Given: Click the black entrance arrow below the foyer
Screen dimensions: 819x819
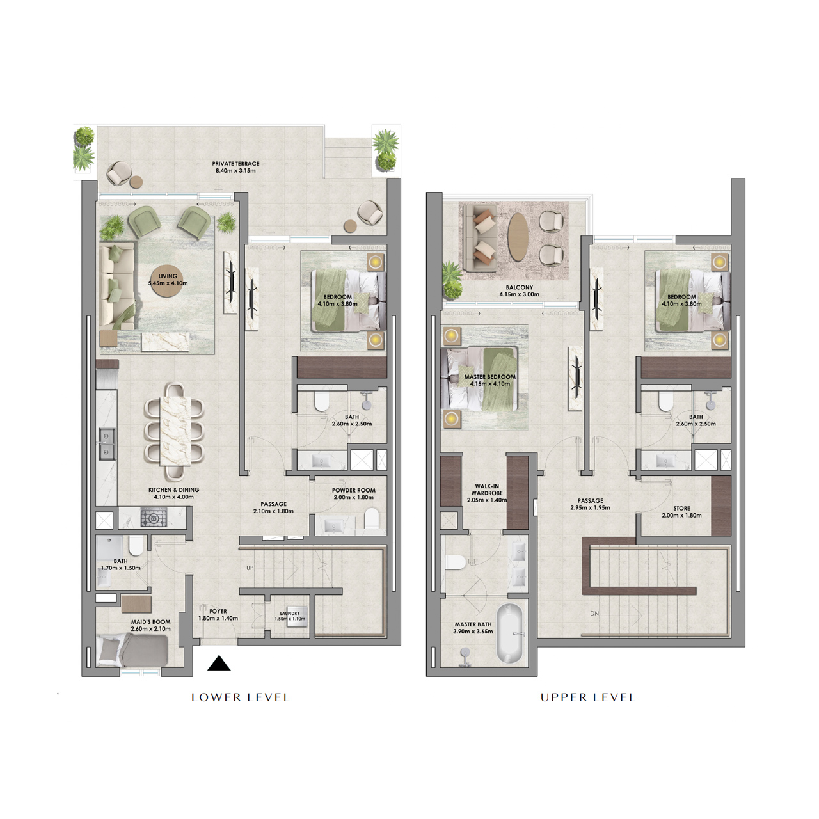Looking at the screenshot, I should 219,664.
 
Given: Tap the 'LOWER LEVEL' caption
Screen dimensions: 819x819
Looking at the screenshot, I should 241,697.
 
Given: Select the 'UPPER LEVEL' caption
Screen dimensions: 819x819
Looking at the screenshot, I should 588,697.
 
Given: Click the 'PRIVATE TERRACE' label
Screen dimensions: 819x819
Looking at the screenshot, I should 235,164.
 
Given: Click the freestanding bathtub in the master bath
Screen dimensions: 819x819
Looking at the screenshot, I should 510,633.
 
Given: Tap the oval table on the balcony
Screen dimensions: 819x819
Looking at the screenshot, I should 518,237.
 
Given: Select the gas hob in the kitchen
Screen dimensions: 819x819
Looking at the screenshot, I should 154,517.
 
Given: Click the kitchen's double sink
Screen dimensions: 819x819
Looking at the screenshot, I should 106,443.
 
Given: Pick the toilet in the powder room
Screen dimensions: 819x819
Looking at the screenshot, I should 371,519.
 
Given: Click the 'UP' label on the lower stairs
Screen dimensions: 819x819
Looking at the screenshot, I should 250,568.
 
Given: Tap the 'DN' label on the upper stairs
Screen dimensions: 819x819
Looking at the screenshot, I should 594,614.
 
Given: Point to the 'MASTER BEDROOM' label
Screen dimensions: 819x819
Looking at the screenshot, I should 489,377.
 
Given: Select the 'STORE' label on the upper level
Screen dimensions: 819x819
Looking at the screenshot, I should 681,509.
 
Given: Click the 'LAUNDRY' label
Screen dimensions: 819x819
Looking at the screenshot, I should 290,613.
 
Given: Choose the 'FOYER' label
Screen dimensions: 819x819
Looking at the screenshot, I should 218,611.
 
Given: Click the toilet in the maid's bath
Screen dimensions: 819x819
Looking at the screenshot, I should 136,546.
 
